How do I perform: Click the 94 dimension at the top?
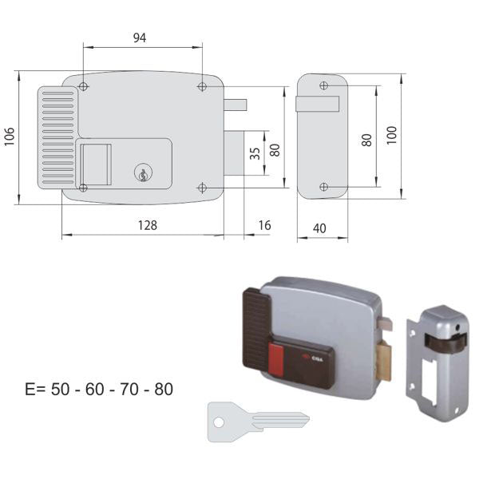(139, 38)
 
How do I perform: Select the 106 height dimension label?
(7, 137)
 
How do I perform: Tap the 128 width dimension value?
(147, 225)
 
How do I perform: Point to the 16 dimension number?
(264, 225)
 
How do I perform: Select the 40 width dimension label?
(319, 228)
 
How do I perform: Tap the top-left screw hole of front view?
(85, 87)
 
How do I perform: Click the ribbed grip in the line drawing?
(57, 137)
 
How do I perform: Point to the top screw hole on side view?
(323, 85)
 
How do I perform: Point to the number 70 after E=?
(129, 390)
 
